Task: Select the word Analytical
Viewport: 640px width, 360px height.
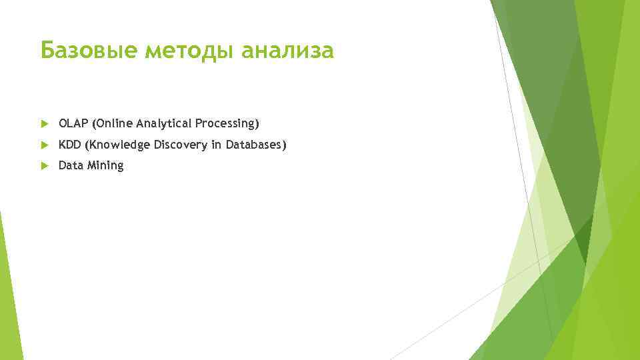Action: pyautogui.click(x=164, y=123)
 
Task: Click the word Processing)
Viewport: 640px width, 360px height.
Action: pyautogui.click(x=227, y=123)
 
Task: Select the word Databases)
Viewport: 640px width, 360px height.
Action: pyautogui.click(x=256, y=145)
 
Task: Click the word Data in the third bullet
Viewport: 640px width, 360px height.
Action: pyautogui.click(x=70, y=165)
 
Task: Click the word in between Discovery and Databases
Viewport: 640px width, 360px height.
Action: pyautogui.click(x=216, y=145)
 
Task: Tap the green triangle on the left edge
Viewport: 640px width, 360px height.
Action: pyautogui.click(x=8, y=293)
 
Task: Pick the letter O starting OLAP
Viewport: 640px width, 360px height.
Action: pyautogui.click(x=63, y=123)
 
